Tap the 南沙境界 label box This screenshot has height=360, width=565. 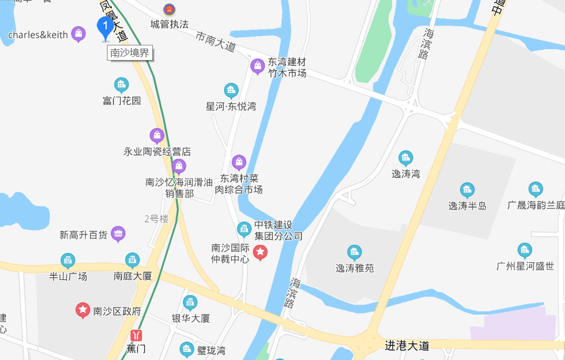(x=130, y=53)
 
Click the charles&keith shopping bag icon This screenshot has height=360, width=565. (x=79, y=35)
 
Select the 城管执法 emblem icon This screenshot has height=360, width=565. (x=169, y=10)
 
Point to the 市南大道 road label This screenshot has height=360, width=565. (x=216, y=42)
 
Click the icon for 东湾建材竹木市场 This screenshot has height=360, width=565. (x=258, y=66)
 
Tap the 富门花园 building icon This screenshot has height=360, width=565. (x=122, y=85)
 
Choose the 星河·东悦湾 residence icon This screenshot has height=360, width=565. (x=231, y=91)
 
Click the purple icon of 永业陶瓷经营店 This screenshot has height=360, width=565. (x=157, y=136)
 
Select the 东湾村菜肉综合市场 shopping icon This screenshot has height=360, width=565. (x=239, y=162)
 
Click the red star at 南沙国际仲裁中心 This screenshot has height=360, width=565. (x=260, y=251)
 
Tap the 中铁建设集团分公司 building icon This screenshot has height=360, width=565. (x=244, y=230)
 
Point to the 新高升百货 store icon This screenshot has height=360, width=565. (x=118, y=234)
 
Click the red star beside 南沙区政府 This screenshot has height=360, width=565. (x=83, y=310)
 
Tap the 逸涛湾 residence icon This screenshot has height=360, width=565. (x=406, y=158)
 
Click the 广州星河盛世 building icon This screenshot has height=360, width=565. (x=524, y=250)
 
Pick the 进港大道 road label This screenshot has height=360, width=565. (x=407, y=345)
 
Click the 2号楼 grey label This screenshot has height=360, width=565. (x=157, y=219)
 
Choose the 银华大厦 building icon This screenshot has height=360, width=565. (x=190, y=303)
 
